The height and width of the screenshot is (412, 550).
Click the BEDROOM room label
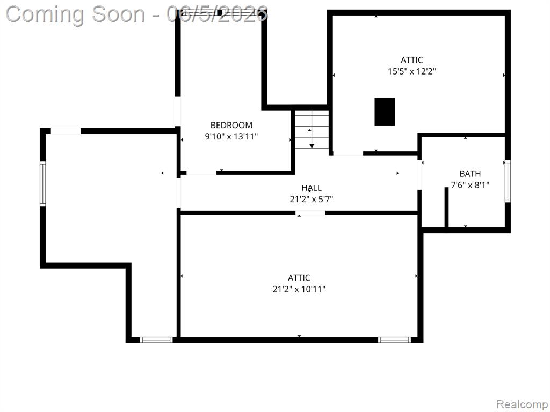coord(231,125)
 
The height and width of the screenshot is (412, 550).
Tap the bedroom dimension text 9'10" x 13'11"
coord(231,136)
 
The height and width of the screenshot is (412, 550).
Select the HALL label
coord(312,188)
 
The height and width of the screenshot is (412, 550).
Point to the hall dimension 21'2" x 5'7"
coord(312,200)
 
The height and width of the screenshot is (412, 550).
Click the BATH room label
coord(470,174)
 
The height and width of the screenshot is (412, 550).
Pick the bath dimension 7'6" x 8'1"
coord(470,185)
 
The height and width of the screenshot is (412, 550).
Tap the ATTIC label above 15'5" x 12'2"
coord(412,60)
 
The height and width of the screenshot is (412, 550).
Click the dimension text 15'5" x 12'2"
coord(412,71)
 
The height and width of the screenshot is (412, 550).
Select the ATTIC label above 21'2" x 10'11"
coord(299,278)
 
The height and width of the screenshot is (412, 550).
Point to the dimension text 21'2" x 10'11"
coord(299,289)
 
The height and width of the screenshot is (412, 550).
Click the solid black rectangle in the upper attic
coord(385,112)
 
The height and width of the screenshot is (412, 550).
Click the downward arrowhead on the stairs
coord(312,146)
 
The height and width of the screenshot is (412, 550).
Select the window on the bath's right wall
coord(508,181)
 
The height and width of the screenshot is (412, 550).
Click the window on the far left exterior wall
coord(43,183)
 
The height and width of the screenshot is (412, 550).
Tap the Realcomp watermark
coord(522,404)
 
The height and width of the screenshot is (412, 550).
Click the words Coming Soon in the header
coord(75,14)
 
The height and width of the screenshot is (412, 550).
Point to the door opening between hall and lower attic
coord(310,212)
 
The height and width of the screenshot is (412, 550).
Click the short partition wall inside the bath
coord(446,208)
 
